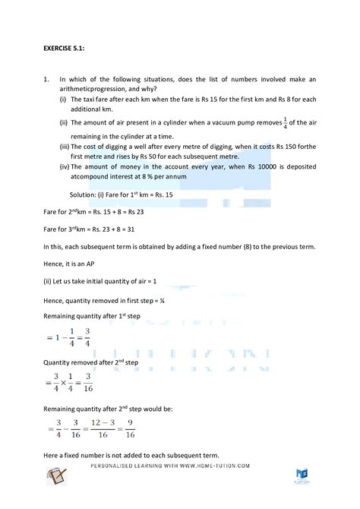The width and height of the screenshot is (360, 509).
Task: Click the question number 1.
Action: coord(46,79)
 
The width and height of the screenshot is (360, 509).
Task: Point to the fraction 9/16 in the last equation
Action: coord(131,432)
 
